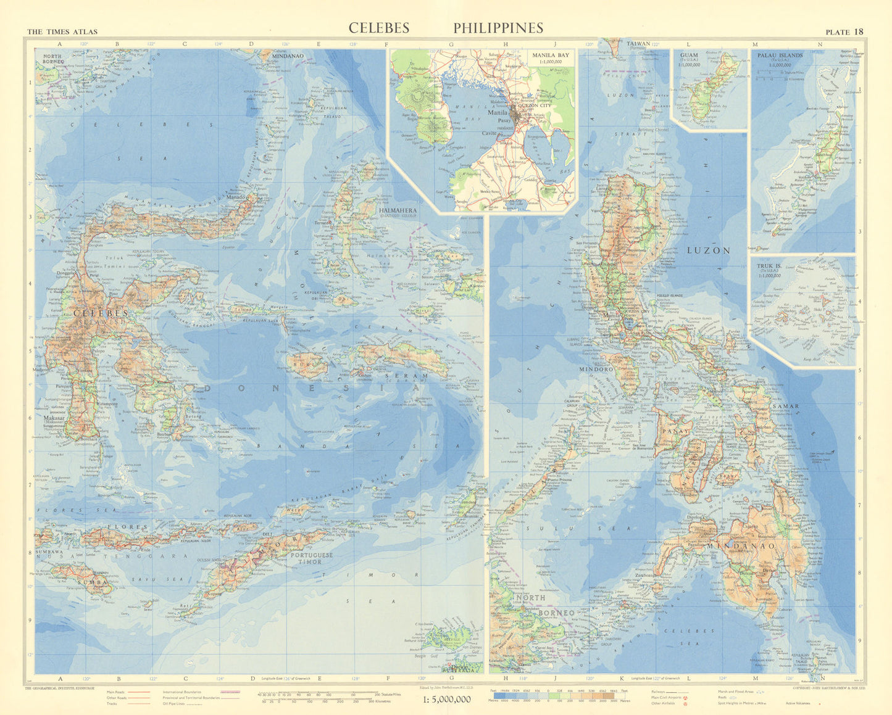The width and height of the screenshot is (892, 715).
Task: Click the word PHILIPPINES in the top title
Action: pyautogui.click(x=498, y=28)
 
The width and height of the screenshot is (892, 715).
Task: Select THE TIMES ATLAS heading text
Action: pyautogui.click(x=62, y=32)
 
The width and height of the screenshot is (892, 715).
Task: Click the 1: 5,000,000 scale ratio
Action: pyautogui.click(x=447, y=699)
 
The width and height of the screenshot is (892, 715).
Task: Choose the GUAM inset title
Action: pyautogui.click(x=689, y=55)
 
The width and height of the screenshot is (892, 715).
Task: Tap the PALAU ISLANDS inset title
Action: pyautogui.click(x=780, y=55)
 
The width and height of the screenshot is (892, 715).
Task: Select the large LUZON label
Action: pyautogui.click(x=709, y=250)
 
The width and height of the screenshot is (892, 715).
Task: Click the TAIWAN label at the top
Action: pyautogui.click(x=638, y=44)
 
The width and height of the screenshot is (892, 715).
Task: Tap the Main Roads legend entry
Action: pyautogui.click(x=115, y=692)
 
